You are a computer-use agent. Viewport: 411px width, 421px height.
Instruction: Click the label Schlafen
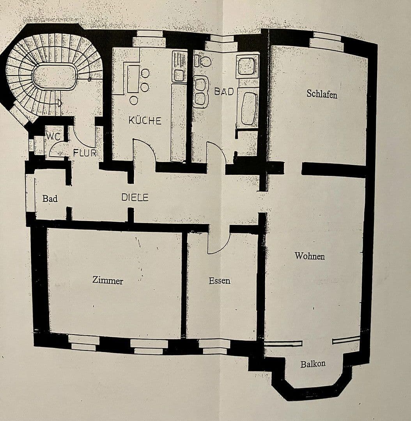[322, 94]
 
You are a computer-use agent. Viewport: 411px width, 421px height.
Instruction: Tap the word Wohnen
[310, 256]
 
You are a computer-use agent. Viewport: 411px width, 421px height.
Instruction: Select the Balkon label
[313, 364]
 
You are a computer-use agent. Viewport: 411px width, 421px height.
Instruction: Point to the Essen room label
[220, 281]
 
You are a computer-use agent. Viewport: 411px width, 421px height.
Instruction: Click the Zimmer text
[108, 280]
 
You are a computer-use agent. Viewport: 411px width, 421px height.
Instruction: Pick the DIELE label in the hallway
[135, 198]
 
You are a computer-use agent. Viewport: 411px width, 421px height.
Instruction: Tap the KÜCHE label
[145, 120]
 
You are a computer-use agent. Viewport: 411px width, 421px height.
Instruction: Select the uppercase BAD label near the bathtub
[224, 92]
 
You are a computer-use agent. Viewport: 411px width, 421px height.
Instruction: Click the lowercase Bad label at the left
[50, 198]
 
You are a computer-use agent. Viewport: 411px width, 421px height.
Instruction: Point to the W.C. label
[53, 137]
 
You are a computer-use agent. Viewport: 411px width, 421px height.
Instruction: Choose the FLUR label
[85, 153]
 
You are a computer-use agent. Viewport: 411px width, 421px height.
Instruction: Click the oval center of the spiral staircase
[54, 76]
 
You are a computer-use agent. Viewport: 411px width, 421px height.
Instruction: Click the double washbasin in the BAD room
[201, 92]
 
